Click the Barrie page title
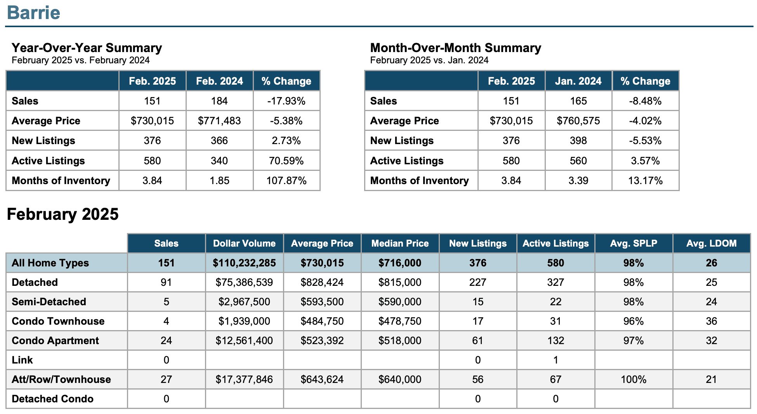(x=34, y=12)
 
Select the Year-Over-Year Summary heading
(x=87, y=48)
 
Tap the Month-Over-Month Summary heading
(x=455, y=48)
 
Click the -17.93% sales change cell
(x=286, y=101)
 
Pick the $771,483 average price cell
(x=219, y=121)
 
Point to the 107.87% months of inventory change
(x=286, y=181)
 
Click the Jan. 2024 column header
(x=578, y=81)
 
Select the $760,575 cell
(x=578, y=121)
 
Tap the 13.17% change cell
(x=645, y=181)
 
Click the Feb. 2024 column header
(x=219, y=81)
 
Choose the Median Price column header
(x=400, y=244)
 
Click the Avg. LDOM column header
(x=711, y=244)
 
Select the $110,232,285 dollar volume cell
(x=244, y=263)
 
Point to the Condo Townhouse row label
(x=58, y=321)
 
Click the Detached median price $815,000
(x=400, y=282)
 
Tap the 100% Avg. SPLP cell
(x=634, y=379)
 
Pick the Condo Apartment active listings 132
(x=556, y=341)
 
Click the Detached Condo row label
(x=52, y=399)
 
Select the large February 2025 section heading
(x=63, y=214)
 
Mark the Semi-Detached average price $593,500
(x=322, y=302)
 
